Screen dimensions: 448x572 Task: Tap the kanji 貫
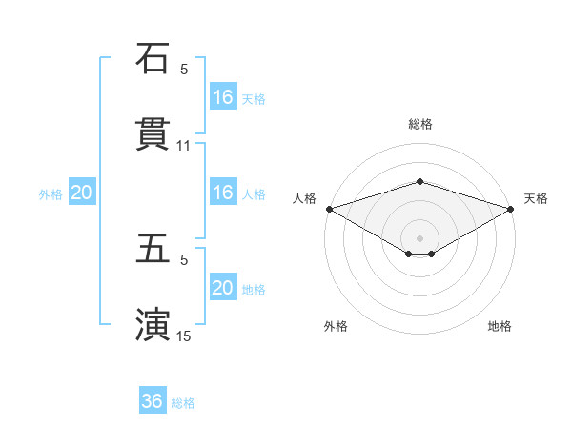coord(153,134)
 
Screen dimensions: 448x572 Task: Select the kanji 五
coord(153,250)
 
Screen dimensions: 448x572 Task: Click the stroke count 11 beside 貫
coord(184,146)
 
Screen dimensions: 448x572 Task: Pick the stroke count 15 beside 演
coord(184,336)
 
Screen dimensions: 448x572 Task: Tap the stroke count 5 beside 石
coord(184,69)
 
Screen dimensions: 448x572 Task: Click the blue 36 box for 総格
coord(153,401)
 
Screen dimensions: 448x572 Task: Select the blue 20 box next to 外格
coord(82,193)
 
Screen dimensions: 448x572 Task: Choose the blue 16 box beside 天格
coord(223,96)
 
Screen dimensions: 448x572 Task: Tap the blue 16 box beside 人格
coord(223,193)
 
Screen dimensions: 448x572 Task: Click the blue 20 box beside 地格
coord(223,288)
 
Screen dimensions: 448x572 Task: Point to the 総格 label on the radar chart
coord(419,124)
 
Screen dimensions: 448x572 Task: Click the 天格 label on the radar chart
coord(536,198)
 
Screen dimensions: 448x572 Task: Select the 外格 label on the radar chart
coord(336,326)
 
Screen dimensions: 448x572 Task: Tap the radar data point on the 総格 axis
coord(419,181)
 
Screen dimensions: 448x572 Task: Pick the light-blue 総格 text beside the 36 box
coord(183,402)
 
